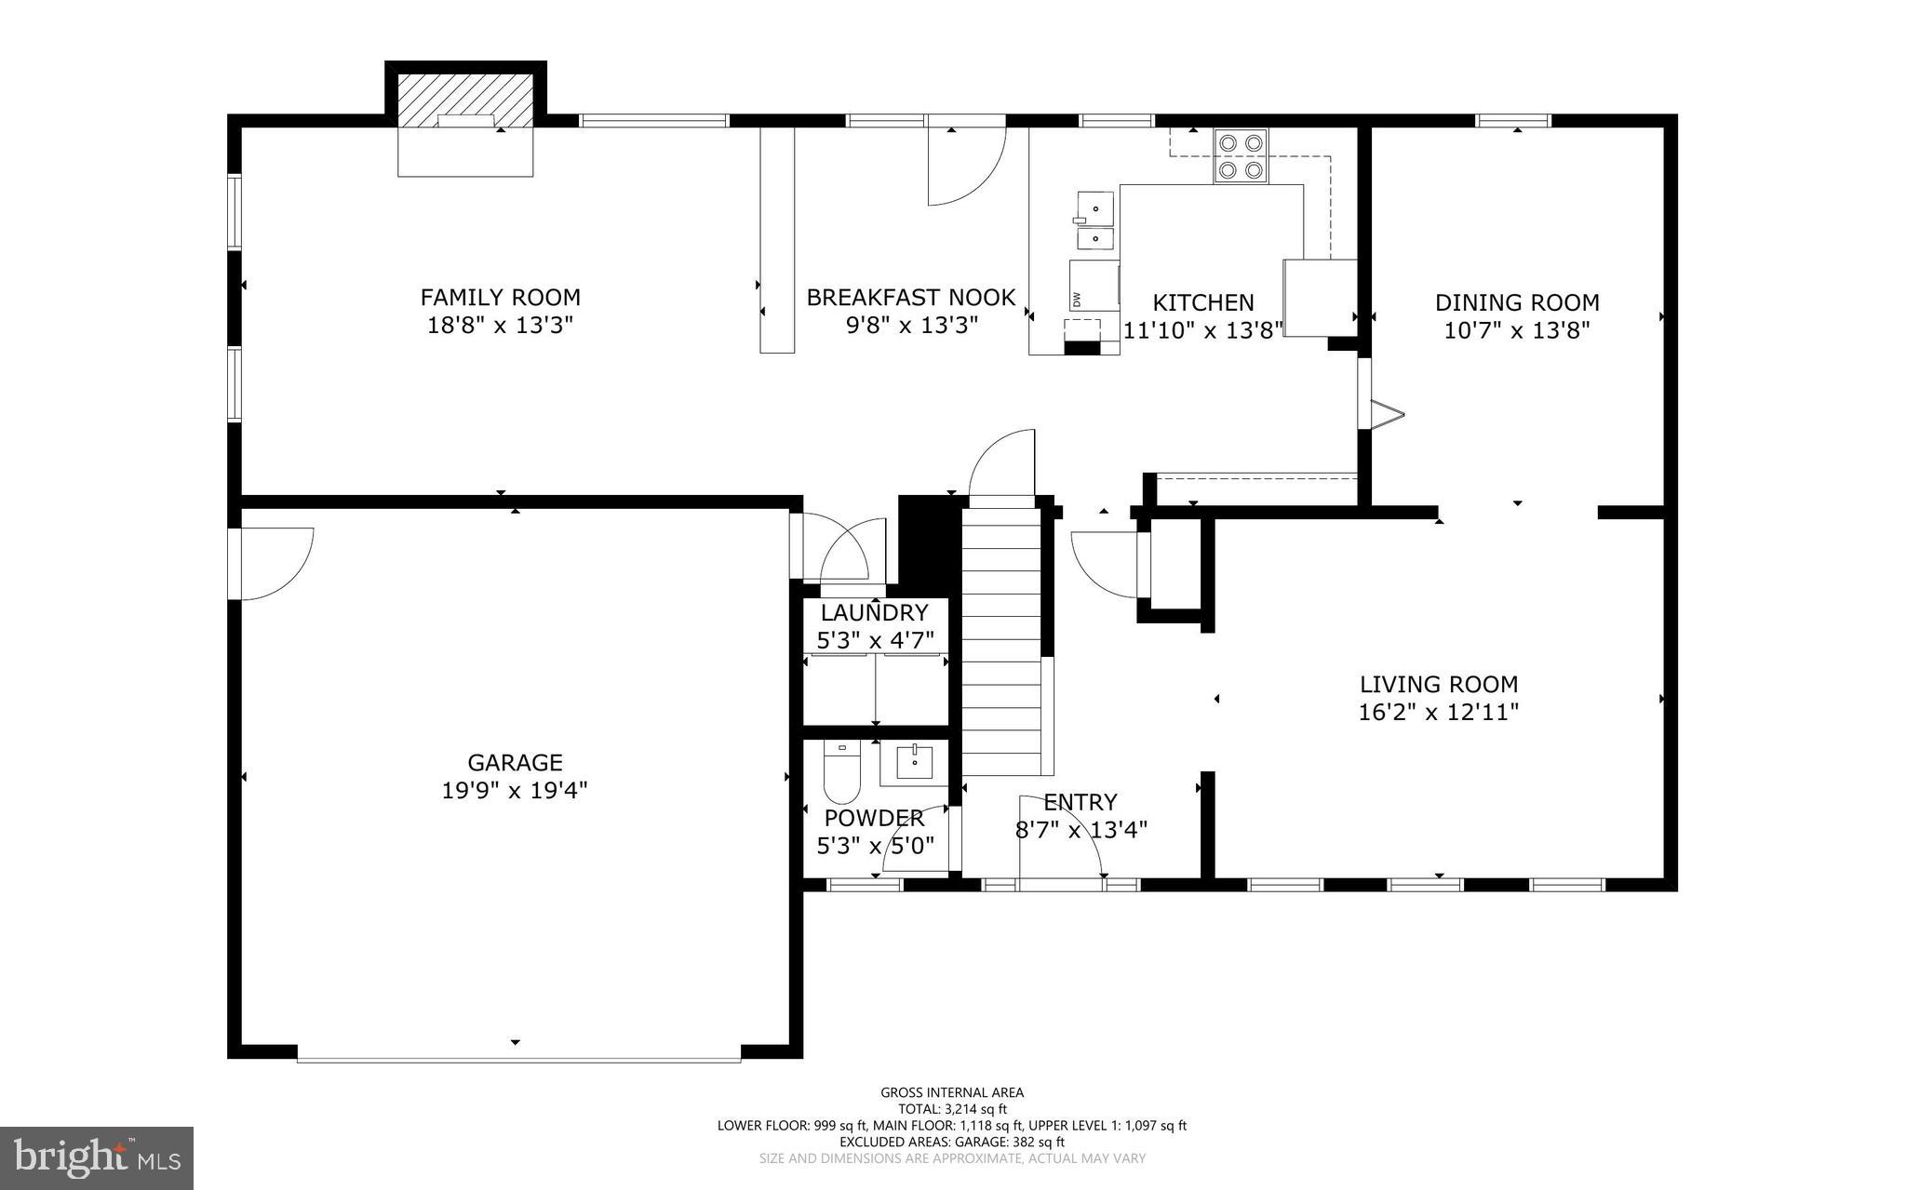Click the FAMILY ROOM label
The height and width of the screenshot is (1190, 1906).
point(500,298)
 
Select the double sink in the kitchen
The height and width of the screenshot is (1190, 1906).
point(1095,222)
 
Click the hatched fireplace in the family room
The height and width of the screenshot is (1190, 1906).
point(465,100)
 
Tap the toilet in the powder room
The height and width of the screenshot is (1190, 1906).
point(842,773)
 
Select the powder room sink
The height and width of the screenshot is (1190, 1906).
point(914,761)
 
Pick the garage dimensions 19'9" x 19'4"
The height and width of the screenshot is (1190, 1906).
point(515,791)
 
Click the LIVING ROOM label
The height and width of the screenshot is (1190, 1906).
point(1439,685)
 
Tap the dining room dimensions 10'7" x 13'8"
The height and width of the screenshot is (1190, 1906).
point(1517,330)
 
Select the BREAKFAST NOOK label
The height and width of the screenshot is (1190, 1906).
point(910,298)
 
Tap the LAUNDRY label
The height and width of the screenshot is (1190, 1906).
point(874,613)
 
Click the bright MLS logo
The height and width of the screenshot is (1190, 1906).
point(97,1157)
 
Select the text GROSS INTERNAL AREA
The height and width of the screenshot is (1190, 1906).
point(952,1092)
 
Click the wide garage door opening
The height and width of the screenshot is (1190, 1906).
point(518,1058)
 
